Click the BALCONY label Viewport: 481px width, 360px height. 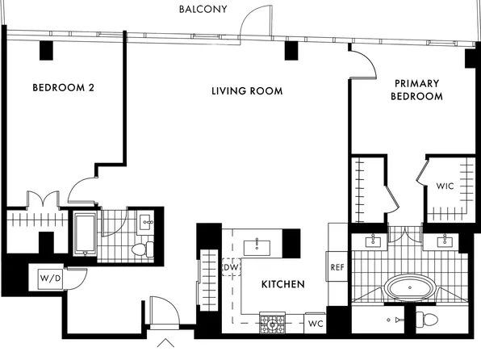203,9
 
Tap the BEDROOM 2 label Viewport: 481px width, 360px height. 64,88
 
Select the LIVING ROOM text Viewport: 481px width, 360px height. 247,91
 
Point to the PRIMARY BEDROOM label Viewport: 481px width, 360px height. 416,90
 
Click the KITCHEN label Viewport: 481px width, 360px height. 282,284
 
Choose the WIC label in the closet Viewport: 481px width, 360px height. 445,186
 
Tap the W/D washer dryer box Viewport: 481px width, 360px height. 51,278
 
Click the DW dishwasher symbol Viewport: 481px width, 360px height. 231,267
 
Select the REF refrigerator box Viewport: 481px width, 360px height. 337,266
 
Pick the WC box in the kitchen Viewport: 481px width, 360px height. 316,323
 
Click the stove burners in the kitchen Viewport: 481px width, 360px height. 273,323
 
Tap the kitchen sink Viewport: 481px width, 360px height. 257,248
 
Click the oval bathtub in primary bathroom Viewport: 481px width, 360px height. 410,288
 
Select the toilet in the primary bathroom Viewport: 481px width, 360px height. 427,320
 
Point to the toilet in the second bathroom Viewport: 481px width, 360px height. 143,249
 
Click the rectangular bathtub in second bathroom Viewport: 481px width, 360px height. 85,234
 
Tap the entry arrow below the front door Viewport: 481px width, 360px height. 165,343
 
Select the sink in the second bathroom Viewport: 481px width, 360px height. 145,222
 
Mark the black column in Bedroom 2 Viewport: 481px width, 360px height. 46,51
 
